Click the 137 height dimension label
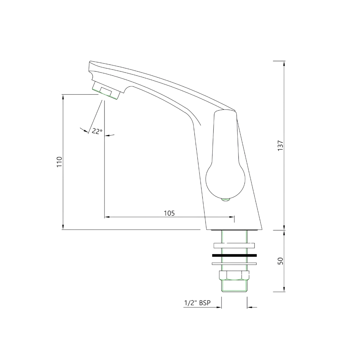click(x=280, y=146)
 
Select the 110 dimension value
click(x=60, y=162)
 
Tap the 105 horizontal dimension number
click(x=169, y=213)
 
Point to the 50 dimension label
click(x=280, y=261)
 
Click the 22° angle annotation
click(x=97, y=131)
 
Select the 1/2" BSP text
click(x=197, y=303)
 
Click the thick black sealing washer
click(x=234, y=255)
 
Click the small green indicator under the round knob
click(x=225, y=201)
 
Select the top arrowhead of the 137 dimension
click(x=284, y=63)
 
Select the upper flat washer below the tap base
click(x=234, y=245)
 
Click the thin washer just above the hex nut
click(x=234, y=264)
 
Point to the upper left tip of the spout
click(x=90, y=63)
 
